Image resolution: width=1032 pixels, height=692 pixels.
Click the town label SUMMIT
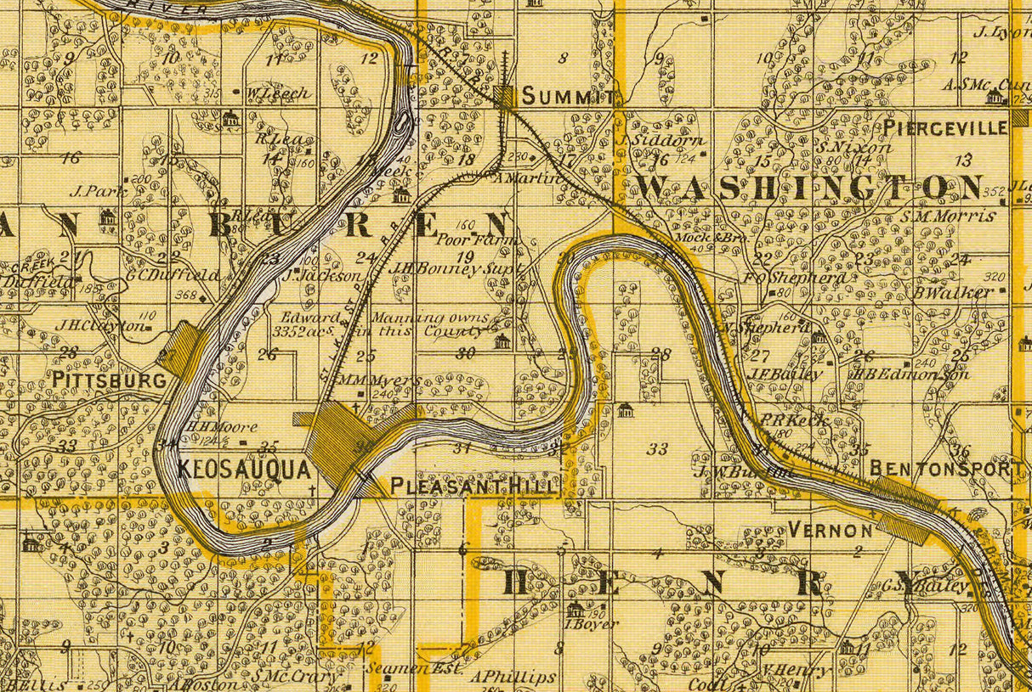coord(567,97)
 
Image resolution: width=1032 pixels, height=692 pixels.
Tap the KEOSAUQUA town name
coord(246,469)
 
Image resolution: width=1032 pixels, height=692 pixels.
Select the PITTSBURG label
coord(109,380)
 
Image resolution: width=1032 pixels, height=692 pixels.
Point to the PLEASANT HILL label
coord(474,487)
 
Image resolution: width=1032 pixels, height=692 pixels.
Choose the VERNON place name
coord(830,530)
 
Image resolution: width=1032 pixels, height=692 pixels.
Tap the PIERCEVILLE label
coord(945,127)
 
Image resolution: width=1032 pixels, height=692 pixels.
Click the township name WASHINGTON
coord(809,188)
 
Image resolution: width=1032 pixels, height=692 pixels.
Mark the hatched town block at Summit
coord(506,96)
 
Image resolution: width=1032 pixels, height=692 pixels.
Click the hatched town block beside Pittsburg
coord(181,350)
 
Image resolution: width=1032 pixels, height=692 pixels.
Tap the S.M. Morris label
coord(949,216)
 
